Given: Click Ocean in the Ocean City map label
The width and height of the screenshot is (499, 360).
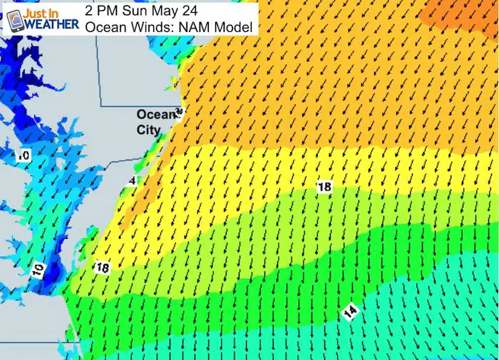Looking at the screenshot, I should (x=155, y=115).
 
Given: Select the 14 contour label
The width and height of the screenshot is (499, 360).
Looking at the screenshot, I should (x=349, y=312).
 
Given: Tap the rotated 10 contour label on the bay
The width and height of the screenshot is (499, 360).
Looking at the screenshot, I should (x=38, y=270).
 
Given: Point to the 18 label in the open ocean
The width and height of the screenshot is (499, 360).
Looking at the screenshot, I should (x=324, y=187).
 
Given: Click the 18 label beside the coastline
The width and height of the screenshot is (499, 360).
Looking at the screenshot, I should (x=102, y=267).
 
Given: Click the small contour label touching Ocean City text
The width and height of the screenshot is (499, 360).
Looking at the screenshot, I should (x=179, y=112).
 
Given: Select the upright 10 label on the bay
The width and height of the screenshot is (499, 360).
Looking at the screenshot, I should (x=24, y=155).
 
